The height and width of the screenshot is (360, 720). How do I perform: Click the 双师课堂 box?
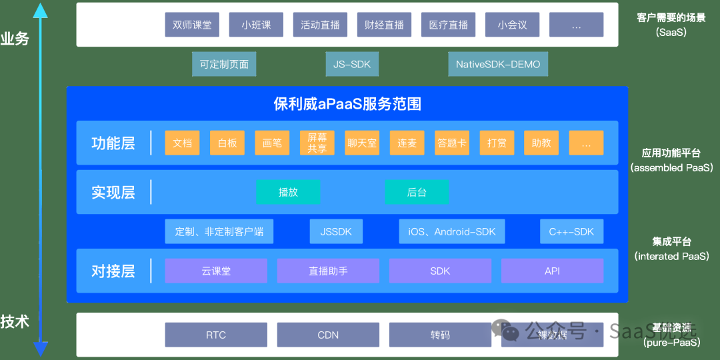tap(192, 25)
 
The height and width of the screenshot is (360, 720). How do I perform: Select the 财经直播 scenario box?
tap(384, 25)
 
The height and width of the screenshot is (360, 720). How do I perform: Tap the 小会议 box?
tap(512, 25)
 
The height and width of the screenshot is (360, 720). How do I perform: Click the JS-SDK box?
tap(352, 65)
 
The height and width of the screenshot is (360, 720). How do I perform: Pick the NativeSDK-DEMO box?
tap(498, 65)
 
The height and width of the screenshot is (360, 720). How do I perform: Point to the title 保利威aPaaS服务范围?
tap(347, 104)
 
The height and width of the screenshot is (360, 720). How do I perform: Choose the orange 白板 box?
tap(227, 143)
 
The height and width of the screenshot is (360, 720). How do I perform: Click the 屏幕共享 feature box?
tap(317, 143)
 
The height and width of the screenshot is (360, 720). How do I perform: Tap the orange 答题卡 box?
tap(452, 143)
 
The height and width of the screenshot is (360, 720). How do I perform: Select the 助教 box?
tap(541, 143)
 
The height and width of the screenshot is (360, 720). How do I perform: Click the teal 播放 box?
tap(288, 192)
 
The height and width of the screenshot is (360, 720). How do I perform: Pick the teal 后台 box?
tap(417, 192)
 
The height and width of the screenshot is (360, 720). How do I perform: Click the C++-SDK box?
tap(571, 231)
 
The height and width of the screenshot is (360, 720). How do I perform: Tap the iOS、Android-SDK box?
tap(452, 231)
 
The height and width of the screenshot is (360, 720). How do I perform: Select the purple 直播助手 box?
tap(328, 271)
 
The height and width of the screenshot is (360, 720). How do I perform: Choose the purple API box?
tap(552, 271)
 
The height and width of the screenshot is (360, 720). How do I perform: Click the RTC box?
tap(216, 335)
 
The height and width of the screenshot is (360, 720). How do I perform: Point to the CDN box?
tap(328, 335)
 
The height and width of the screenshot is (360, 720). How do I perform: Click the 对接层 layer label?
tap(113, 271)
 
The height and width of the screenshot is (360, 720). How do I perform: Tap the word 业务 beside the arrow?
tap(15, 39)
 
